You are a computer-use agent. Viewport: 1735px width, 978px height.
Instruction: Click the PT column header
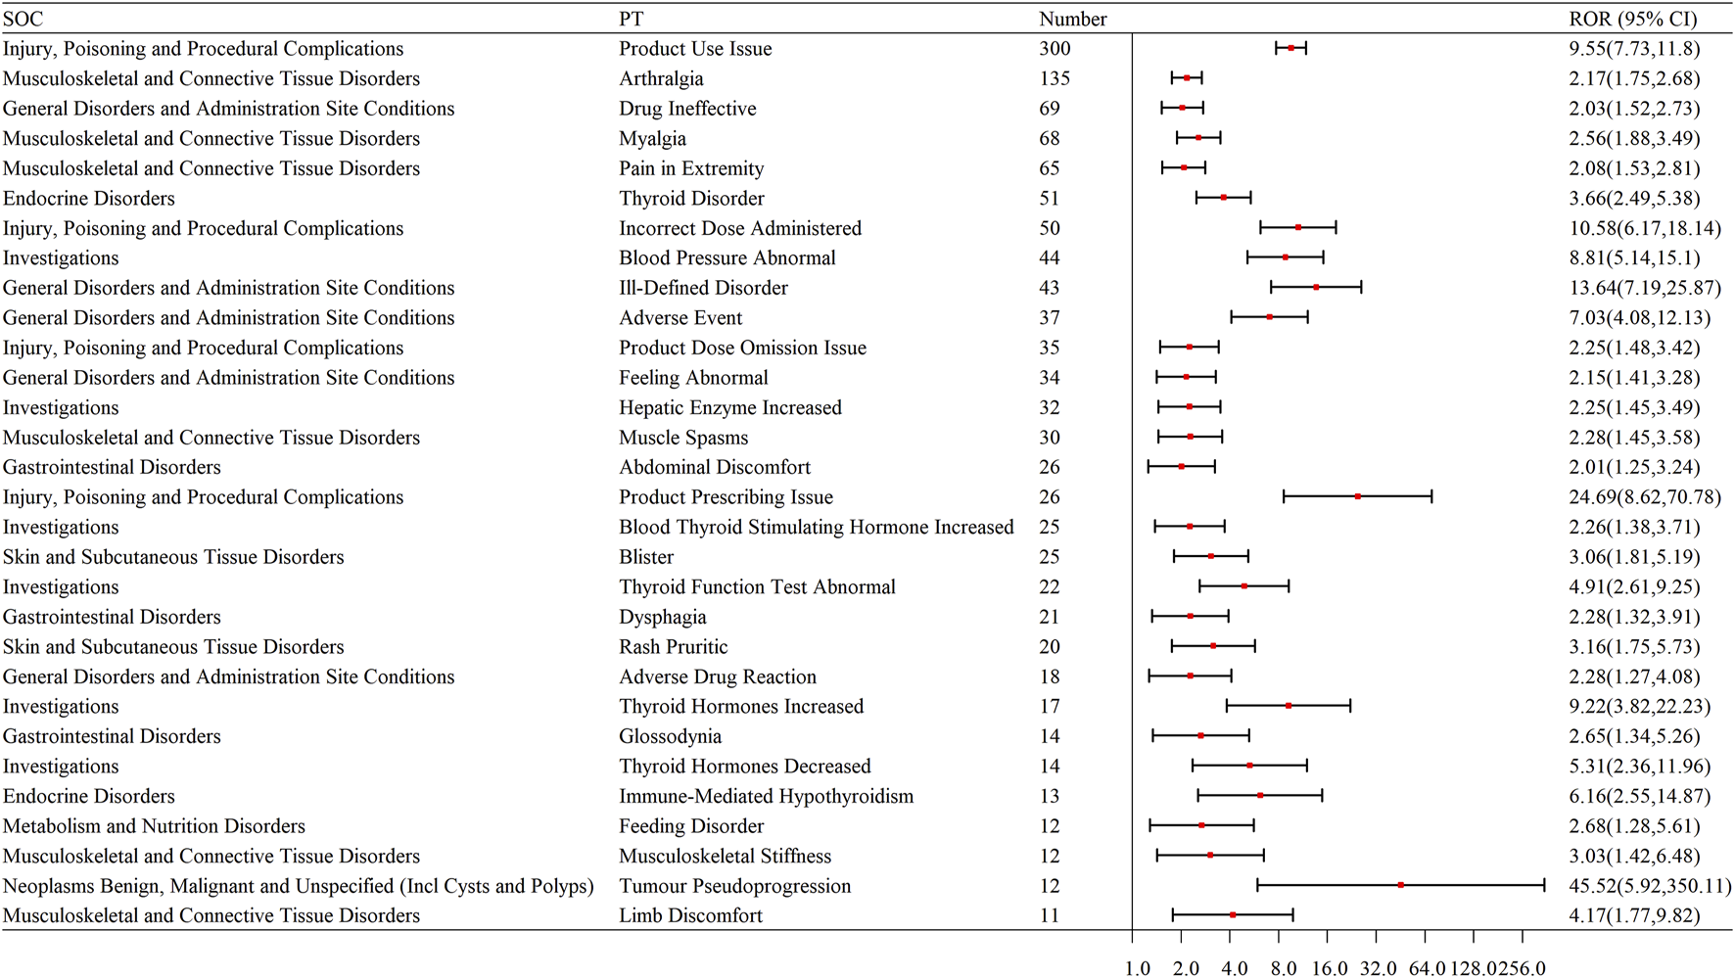(631, 19)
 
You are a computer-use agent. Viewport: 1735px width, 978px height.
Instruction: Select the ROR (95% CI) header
(1632, 19)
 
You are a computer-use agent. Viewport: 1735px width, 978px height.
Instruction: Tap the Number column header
(1072, 19)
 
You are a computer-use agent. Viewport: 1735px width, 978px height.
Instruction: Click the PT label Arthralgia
(661, 78)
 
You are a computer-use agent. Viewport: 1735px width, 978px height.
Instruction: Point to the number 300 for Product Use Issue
(1055, 49)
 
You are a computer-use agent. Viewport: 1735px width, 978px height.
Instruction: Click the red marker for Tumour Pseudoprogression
(1401, 885)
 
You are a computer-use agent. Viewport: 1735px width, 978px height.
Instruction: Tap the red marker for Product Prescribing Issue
(1358, 496)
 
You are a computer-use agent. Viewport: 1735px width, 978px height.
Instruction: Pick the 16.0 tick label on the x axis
(1330, 968)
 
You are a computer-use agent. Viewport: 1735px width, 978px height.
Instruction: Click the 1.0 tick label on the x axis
(1138, 968)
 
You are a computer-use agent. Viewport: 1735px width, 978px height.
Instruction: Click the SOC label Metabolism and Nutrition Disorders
(154, 826)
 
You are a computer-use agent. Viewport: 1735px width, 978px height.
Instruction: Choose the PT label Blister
(646, 557)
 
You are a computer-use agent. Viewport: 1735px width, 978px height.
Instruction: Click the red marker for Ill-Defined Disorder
(1316, 287)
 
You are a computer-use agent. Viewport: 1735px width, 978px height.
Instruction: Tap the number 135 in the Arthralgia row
(1055, 78)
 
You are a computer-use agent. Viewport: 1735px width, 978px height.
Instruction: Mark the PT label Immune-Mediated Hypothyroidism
(766, 796)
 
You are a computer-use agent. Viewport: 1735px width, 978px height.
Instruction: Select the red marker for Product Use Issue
(1290, 48)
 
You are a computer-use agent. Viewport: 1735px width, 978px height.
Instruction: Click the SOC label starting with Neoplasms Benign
(298, 886)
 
